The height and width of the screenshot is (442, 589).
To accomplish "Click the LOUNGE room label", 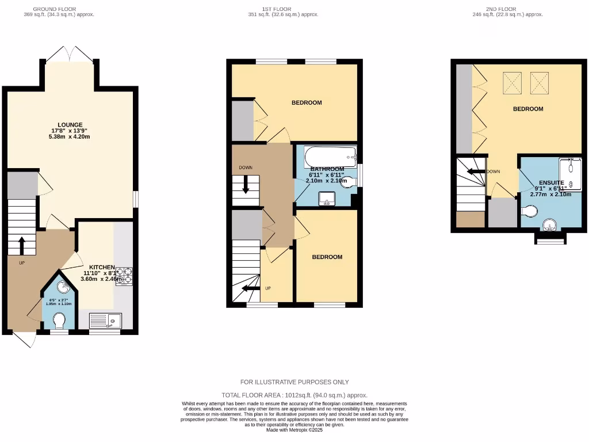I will pyautogui.click(x=70, y=125).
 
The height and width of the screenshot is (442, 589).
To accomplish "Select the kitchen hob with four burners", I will pyautogui.click(x=124, y=277).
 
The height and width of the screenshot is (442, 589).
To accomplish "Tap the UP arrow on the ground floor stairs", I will pyautogui.click(x=22, y=245).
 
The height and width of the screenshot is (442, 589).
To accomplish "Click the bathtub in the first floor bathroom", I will pyautogui.click(x=330, y=156).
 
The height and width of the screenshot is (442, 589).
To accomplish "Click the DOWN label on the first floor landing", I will pyautogui.click(x=246, y=167).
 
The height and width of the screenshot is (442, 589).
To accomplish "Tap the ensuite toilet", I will pyautogui.click(x=530, y=212).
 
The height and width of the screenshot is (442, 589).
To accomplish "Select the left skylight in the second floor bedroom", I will pyautogui.click(x=512, y=83).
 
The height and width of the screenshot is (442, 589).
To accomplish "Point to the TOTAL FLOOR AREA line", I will pyautogui.click(x=294, y=395).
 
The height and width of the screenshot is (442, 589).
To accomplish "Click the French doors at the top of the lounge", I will pyautogui.click(x=69, y=55).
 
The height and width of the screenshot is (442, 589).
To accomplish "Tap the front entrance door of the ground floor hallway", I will pyautogui.click(x=23, y=340).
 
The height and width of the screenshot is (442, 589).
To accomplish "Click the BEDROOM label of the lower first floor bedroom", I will pyautogui.click(x=327, y=257).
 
